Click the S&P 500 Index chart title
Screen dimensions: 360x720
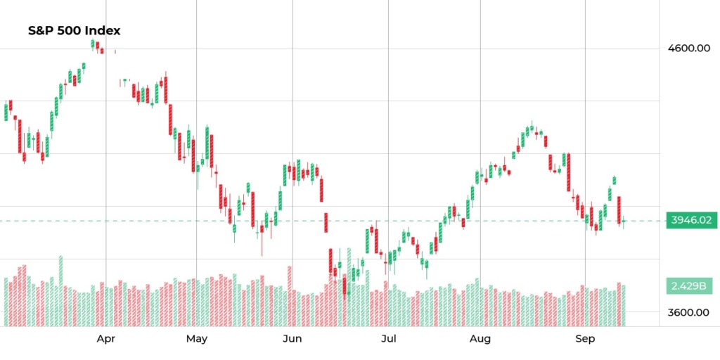click(x=74, y=31)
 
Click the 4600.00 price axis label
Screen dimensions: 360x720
click(x=688, y=49)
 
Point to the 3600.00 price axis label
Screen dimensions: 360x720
click(x=688, y=312)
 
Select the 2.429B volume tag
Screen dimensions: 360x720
click(x=688, y=286)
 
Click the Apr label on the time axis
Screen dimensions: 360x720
click(x=106, y=340)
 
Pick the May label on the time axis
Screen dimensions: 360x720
click(x=197, y=340)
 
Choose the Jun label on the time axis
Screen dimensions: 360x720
click(x=292, y=340)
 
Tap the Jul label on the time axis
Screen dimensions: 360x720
click(x=388, y=340)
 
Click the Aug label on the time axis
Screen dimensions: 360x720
click(x=480, y=340)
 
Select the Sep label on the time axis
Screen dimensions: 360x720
click(x=585, y=340)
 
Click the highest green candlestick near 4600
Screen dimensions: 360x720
click(x=93, y=44)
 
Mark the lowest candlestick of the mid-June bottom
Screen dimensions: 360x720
click(x=345, y=285)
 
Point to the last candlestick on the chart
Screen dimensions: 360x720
click(x=624, y=222)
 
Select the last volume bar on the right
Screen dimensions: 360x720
click(x=624, y=306)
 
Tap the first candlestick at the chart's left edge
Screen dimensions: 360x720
click(x=6, y=112)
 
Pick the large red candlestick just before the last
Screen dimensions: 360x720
click(x=619, y=210)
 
